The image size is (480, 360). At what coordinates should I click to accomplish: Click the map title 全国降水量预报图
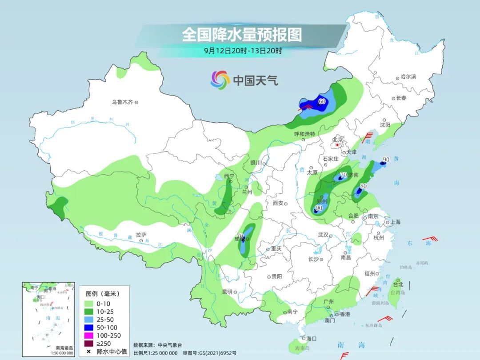pyautogui.click(x=242, y=35)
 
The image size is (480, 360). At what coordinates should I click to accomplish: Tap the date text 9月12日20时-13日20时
pyautogui.click(x=243, y=51)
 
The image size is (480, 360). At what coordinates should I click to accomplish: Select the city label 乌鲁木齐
pyautogui.click(x=122, y=102)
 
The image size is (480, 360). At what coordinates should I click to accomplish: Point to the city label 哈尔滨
pyautogui.click(x=408, y=77)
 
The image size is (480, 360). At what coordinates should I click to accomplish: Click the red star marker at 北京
pyautogui.click(x=338, y=145)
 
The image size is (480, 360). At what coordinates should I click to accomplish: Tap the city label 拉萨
pyautogui.click(x=141, y=235)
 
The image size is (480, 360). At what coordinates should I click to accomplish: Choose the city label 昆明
pyautogui.click(x=227, y=292)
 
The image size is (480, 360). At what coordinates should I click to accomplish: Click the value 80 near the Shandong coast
pyautogui.click(x=363, y=186)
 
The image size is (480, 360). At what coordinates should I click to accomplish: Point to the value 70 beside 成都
pyautogui.click(x=240, y=236)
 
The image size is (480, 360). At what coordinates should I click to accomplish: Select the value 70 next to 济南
pyautogui.click(x=343, y=175)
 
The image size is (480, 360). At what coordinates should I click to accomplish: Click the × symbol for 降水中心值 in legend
pyautogui.click(x=88, y=352)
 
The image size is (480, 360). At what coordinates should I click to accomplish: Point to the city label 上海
pyautogui.click(x=395, y=222)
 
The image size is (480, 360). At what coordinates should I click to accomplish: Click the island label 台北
pyautogui.click(x=398, y=284)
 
